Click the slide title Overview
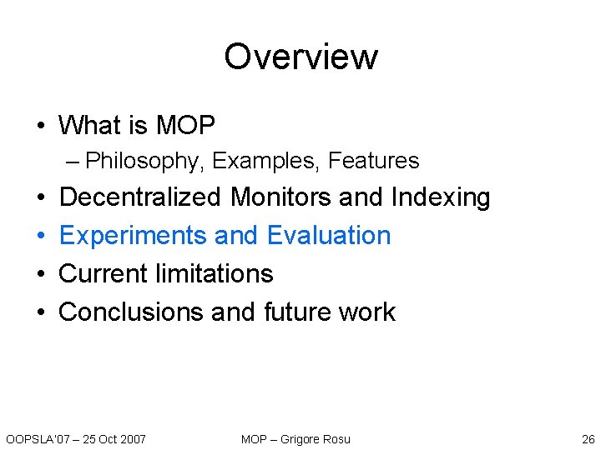coord(300,57)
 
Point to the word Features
coord(373,160)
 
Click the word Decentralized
coord(141,197)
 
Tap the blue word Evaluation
coord(329,236)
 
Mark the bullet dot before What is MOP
coord(41,127)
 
